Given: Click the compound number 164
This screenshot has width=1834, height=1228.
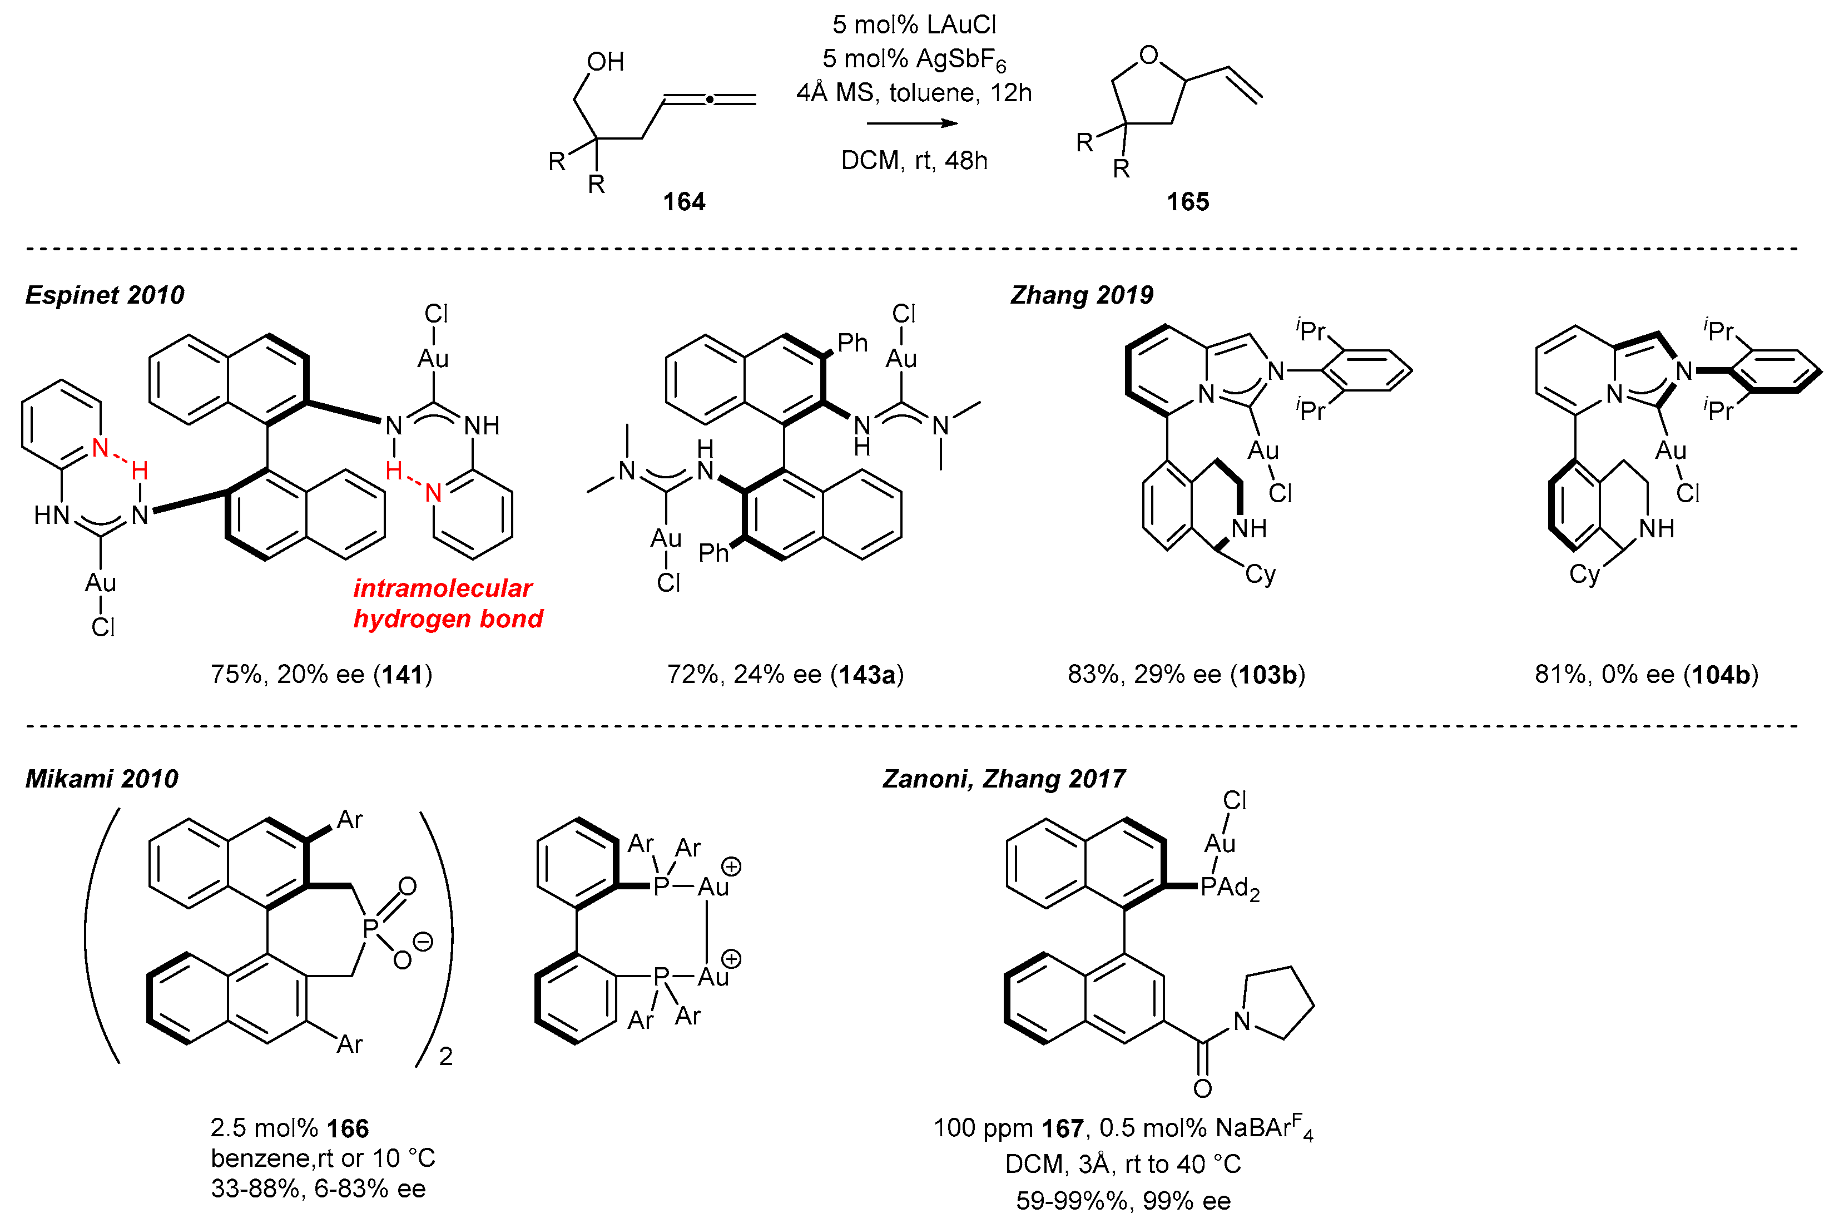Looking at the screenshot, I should coord(683,201).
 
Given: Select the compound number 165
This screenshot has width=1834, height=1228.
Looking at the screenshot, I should coord(1187,201).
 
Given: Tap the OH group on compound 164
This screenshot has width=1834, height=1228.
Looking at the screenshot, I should coord(606,62).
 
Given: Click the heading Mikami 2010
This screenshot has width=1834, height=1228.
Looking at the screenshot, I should coord(102,779).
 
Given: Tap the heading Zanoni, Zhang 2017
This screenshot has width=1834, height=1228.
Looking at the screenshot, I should coord(1003,779).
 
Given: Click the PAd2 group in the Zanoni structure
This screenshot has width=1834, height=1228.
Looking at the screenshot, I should coord(1230,888).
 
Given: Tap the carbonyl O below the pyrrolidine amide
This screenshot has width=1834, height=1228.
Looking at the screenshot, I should coord(1202,1088).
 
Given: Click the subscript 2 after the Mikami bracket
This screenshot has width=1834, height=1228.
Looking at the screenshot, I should coord(445,1057).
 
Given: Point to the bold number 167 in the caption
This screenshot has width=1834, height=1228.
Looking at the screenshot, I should coord(1062,1128).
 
